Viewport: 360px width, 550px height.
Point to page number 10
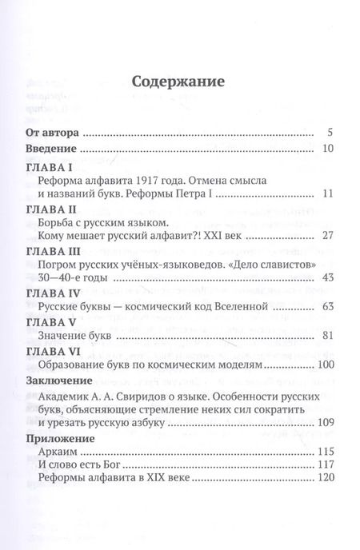click(326, 149)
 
